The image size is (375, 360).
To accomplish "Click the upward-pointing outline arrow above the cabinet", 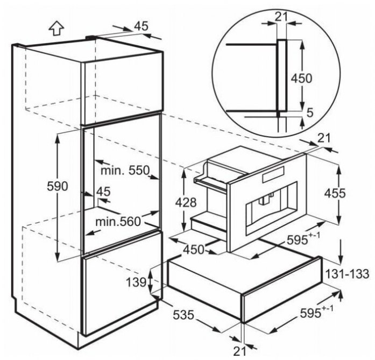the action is pyautogui.click(x=56, y=29).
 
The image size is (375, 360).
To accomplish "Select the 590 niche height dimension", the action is pyautogui.click(x=58, y=186).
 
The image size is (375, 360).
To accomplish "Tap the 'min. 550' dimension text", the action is pyautogui.click(x=125, y=171).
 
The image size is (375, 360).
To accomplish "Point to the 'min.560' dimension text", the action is pyautogui.click(x=118, y=222).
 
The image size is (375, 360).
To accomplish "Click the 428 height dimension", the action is pyautogui.click(x=186, y=203).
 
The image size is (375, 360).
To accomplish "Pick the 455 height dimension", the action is pyautogui.click(x=335, y=193).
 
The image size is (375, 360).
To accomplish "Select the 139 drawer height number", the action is pyautogui.click(x=136, y=283).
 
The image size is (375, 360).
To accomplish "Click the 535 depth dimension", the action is pyautogui.click(x=183, y=315).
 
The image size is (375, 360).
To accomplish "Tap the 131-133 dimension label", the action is pyautogui.click(x=348, y=274).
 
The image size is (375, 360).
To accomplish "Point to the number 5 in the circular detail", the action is pyautogui.click(x=310, y=113).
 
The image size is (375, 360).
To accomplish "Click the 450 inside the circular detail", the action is pyautogui.click(x=302, y=78).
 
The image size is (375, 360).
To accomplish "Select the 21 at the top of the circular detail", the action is pyautogui.click(x=281, y=17).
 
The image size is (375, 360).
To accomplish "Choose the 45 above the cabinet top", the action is pyautogui.click(x=141, y=26).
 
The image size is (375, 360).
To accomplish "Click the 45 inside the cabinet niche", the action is pyautogui.click(x=103, y=192).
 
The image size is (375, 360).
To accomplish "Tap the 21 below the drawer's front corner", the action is pyautogui.click(x=239, y=351).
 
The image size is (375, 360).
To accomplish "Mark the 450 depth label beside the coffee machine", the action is pyautogui.click(x=194, y=250).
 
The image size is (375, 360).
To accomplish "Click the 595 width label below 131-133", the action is pyautogui.click(x=316, y=312).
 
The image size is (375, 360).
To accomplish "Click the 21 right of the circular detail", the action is pyautogui.click(x=324, y=138).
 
